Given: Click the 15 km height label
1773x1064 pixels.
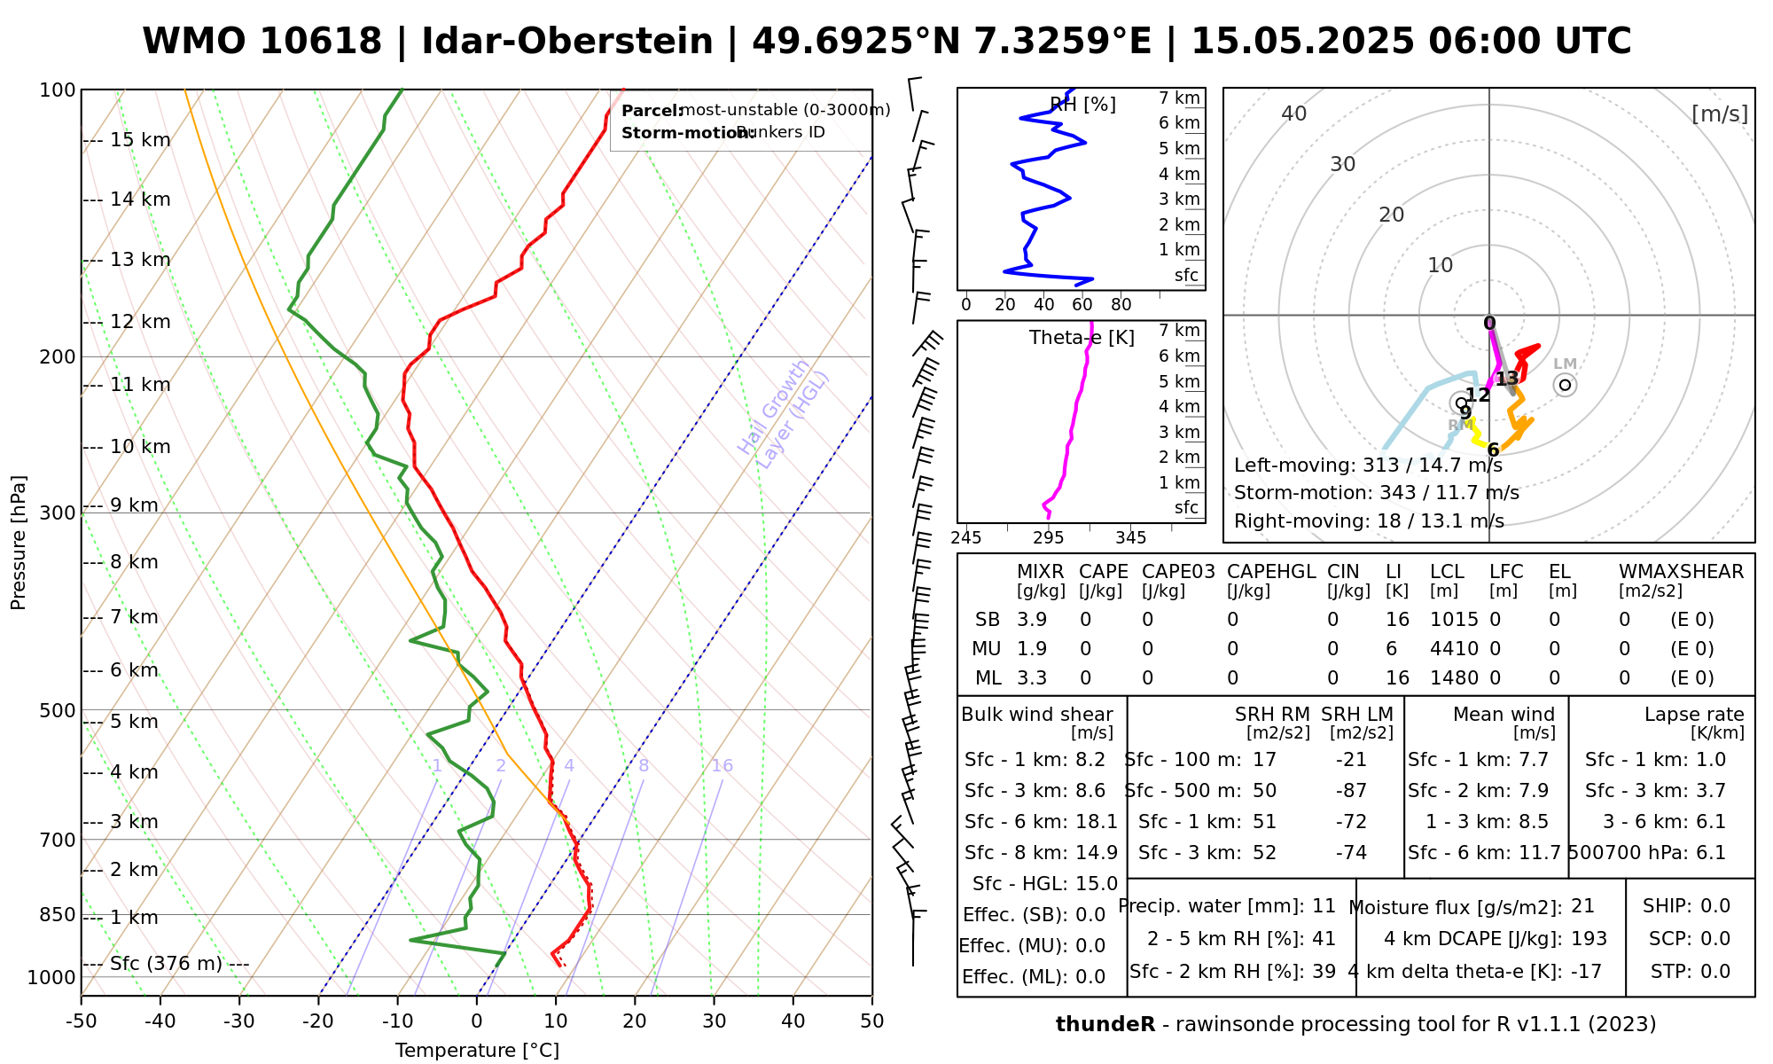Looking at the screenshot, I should click(x=140, y=140).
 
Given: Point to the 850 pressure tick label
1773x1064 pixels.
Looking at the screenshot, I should click(x=58, y=915).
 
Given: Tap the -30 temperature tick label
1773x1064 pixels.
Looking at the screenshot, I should click(x=239, y=1021).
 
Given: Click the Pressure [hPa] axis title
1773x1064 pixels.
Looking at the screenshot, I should click(x=19, y=543).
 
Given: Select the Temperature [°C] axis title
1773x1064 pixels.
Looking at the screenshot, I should click(x=477, y=1051).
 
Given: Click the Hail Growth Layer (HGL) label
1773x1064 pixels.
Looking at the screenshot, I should click(x=784, y=414).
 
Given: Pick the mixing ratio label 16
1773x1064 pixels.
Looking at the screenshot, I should click(x=722, y=766).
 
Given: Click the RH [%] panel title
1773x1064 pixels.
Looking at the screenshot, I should click(x=1082, y=105).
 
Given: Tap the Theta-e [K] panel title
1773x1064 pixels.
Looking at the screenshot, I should click(x=1082, y=338).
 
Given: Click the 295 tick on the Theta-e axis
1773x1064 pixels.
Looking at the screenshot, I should click(x=1049, y=537).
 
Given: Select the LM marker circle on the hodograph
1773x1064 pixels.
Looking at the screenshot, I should click(x=1566, y=385).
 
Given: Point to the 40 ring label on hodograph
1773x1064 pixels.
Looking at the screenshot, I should click(x=1294, y=113).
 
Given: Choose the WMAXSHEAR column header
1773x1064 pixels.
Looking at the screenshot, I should click(x=1681, y=572).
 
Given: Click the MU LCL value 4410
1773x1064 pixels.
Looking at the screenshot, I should click(x=1454, y=649).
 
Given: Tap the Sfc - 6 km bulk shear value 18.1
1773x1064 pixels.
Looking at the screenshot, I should click(x=1096, y=822).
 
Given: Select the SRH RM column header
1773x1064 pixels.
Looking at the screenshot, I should click(x=1272, y=715).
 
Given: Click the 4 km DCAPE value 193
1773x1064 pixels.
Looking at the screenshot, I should click(x=1589, y=939).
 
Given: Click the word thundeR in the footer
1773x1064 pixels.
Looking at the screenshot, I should click(x=1105, y=1025).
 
